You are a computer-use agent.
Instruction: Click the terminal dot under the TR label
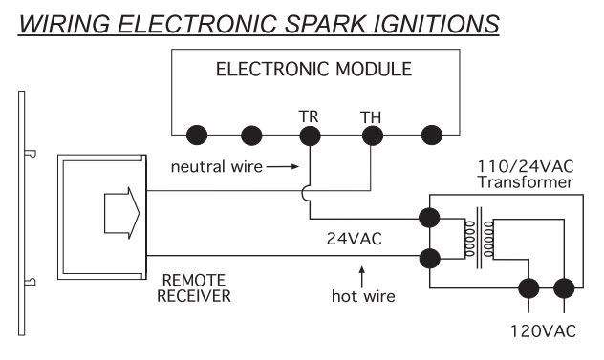tap(309, 134)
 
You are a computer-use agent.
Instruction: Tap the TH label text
tap(370, 115)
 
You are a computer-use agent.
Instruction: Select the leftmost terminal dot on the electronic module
tap(198, 134)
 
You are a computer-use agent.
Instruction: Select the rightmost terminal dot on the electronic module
tap(431, 134)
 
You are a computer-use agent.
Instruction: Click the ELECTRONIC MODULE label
tap(313, 69)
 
